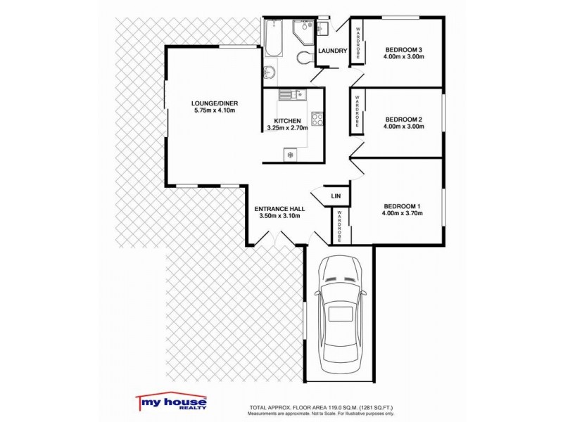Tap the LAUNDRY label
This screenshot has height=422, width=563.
pyautogui.click(x=332, y=51)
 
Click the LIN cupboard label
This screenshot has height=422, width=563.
pyautogui.click(x=336, y=196)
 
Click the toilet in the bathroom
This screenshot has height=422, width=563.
pyautogui.click(x=305, y=57)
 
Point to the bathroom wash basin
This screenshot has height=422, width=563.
pyautogui.click(x=270, y=71)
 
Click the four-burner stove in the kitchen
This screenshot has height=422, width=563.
pyautogui.click(x=316, y=119)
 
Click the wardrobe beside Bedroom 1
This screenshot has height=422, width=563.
pyautogui.click(x=339, y=227)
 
